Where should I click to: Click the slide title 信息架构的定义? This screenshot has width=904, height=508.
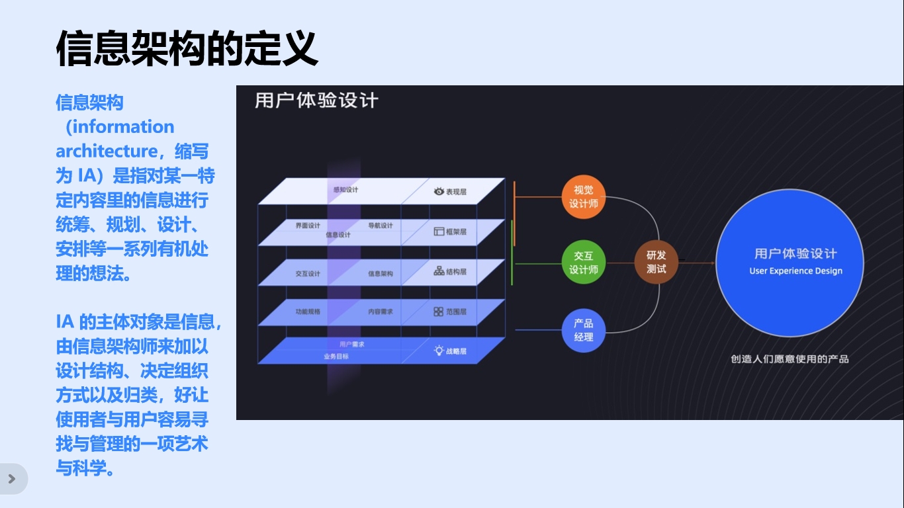pyautogui.click(x=187, y=48)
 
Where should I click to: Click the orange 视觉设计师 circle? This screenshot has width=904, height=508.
pyautogui.click(x=583, y=197)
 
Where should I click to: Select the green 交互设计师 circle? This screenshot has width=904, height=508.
pyautogui.click(x=583, y=263)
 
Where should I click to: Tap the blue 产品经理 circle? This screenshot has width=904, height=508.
pyautogui.click(x=583, y=330)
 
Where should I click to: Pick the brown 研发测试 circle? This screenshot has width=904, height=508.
pyautogui.click(x=656, y=263)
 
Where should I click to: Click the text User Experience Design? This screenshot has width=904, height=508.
pyautogui.click(x=795, y=271)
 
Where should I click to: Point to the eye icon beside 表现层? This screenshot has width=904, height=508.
pyautogui.click(x=438, y=191)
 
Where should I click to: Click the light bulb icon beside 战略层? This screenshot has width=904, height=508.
pyautogui.click(x=438, y=351)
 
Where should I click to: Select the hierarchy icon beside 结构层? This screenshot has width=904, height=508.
pyautogui.click(x=438, y=271)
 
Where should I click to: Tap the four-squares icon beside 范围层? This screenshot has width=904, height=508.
pyautogui.click(x=438, y=312)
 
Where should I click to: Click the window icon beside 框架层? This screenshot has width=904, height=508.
pyautogui.click(x=438, y=232)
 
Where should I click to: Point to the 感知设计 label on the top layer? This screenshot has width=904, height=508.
pyautogui.click(x=345, y=190)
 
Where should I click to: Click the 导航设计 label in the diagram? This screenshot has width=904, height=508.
pyautogui.click(x=381, y=226)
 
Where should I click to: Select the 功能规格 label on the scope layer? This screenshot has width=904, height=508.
pyautogui.click(x=308, y=311)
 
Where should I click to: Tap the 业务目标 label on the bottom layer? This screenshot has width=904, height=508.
pyautogui.click(x=336, y=357)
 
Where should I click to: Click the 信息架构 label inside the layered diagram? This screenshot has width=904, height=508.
pyautogui.click(x=381, y=273)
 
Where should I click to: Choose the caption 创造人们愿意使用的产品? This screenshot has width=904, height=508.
pyautogui.click(x=790, y=359)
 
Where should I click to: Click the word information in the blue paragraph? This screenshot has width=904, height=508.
pyautogui.click(x=120, y=126)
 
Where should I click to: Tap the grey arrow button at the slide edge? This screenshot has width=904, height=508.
pyautogui.click(x=12, y=479)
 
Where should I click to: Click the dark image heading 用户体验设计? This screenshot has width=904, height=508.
pyautogui.click(x=316, y=101)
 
